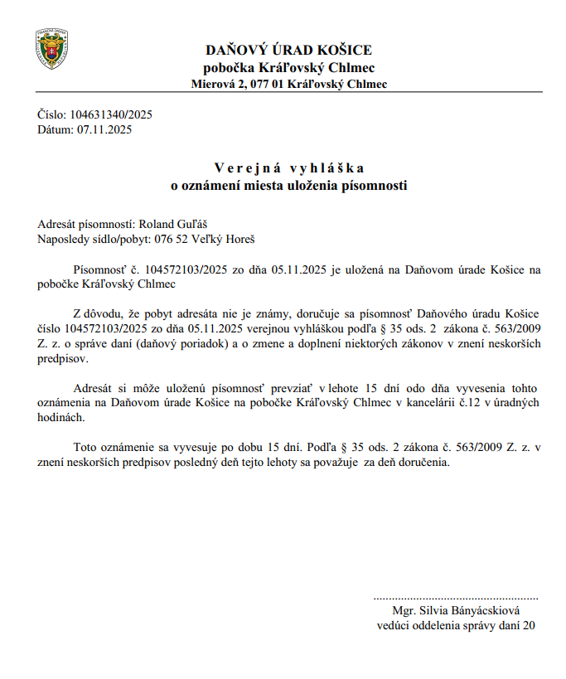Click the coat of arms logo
[x=51, y=49]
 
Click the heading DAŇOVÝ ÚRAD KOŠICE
[x=288, y=50]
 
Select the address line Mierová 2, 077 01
[x=288, y=84]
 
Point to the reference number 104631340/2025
[x=113, y=115]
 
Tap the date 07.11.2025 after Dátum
[x=104, y=129]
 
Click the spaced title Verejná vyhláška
[x=288, y=169]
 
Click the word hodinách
[x=60, y=417]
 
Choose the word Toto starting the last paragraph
[x=87, y=448]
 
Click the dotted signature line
[x=455, y=597]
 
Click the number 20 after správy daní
[x=529, y=626]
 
